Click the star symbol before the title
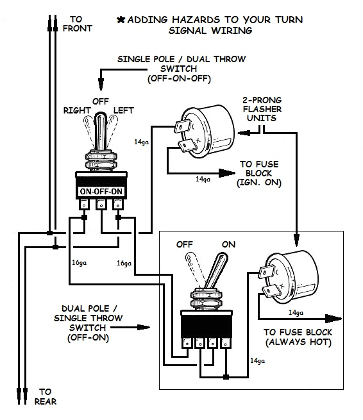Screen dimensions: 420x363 121,20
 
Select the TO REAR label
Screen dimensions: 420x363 46,396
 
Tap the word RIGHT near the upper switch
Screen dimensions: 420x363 77,110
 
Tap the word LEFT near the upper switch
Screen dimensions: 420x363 123,110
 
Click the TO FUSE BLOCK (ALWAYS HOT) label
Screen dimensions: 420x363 297,338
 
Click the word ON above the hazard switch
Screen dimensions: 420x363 229,244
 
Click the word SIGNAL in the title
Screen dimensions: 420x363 186,31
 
